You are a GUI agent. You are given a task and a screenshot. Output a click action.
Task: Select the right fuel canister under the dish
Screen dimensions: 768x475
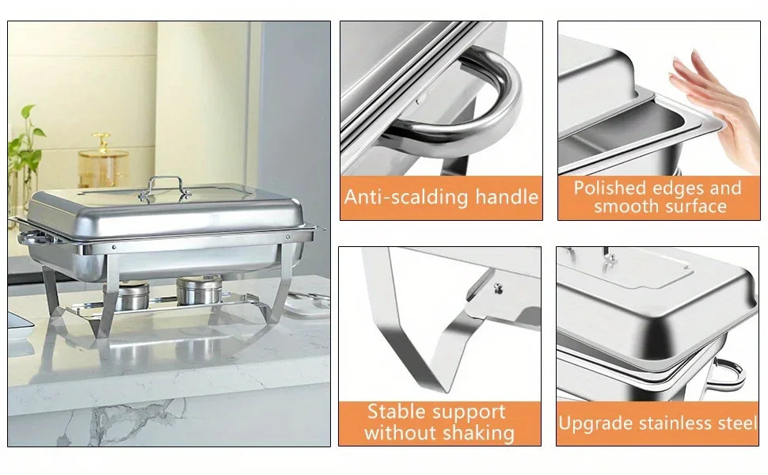pyautogui.click(x=199, y=290)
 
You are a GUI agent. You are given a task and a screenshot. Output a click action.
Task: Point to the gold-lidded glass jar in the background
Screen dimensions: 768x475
pyautogui.click(x=103, y=161)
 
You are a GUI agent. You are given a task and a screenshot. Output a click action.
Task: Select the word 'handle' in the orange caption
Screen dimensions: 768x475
pyautogui.click(x=507, y=197)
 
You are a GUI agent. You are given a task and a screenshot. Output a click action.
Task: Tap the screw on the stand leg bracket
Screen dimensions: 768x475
pyautogui.click(x=499, y=288)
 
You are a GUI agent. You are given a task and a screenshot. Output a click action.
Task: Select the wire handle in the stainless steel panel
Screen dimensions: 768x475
pyautogui.click(x=725, y=376)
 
